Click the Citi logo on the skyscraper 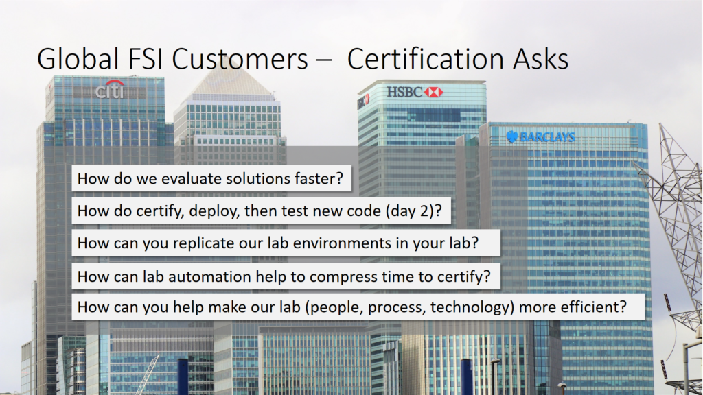110,90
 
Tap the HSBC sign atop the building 414,92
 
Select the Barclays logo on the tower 540,136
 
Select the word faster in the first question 313,179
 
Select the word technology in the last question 470,307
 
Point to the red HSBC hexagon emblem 433,92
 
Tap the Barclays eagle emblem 511,136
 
